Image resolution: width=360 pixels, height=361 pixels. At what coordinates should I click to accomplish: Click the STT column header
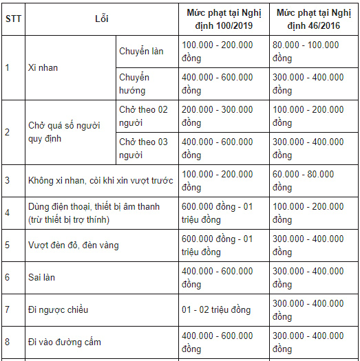point(12,19)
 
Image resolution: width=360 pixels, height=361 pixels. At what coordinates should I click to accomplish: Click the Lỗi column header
point(101,19)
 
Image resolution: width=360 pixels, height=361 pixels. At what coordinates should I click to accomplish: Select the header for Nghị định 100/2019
point(223,19)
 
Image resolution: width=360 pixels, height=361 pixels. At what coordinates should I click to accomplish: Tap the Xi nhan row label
point(41,68)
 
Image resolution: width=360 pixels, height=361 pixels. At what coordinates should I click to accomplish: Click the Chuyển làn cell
point(141,52)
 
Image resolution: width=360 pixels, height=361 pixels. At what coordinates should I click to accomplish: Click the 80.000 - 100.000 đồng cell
point(306,52)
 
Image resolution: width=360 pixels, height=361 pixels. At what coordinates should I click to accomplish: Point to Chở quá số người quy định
point(64,132)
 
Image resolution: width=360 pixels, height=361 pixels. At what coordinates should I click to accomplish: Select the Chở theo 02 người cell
point(143,116)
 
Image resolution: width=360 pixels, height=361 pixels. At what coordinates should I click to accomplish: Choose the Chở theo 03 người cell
point(143,149)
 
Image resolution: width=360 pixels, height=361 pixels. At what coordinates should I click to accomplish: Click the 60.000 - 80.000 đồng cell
point(303,181)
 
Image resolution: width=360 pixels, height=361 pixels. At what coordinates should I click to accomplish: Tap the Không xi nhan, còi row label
point(100,181)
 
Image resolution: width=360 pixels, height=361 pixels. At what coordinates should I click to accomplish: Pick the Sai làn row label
point(41,278)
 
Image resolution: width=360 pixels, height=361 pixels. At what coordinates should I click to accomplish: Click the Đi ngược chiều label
point(58,310)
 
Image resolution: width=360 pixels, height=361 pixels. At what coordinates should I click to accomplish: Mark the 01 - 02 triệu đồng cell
point(217,310)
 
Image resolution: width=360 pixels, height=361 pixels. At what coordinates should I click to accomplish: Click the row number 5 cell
point(8,245)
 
